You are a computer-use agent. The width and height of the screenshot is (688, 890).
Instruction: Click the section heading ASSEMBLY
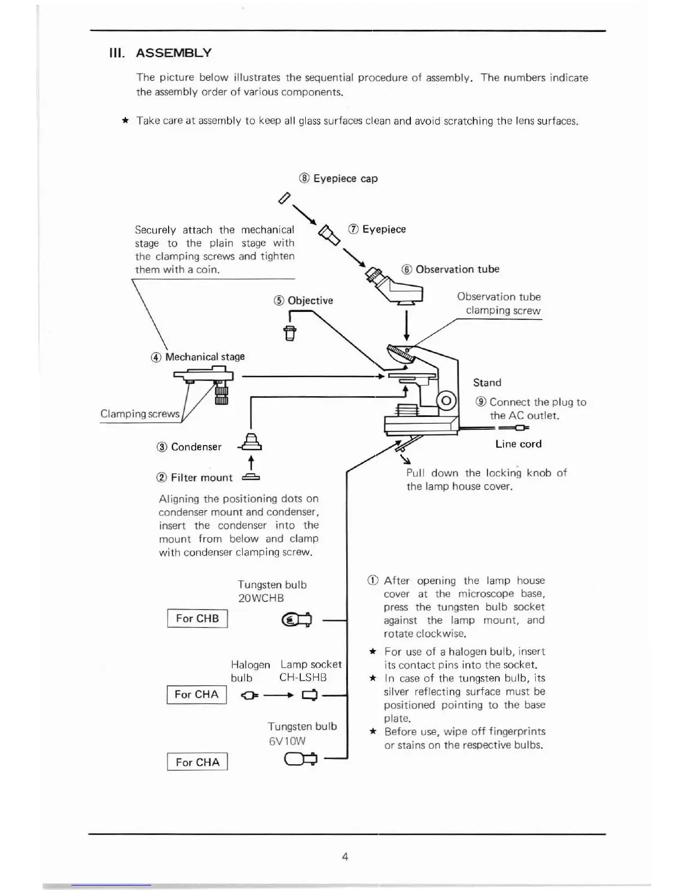coord(174,53)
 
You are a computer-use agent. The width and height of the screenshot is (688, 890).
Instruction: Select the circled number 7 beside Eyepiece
coord(354,229)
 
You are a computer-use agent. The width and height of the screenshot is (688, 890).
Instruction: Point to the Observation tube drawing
coord(398,287)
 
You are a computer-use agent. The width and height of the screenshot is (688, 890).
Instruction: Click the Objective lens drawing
coord(289,333)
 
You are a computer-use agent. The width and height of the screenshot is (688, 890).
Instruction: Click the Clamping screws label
coord(139,414)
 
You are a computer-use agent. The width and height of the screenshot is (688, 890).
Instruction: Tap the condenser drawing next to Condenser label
coord(251,444)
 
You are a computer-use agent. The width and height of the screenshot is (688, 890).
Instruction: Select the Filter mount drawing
coord(251,478)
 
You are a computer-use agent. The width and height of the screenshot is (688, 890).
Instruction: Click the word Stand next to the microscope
coord(487,383)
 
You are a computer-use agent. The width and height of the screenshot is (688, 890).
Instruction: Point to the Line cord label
coord(518,444)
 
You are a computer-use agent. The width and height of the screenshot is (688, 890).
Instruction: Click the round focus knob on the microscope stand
coord(447,401)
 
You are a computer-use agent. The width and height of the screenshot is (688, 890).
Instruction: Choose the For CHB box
coord(197,619)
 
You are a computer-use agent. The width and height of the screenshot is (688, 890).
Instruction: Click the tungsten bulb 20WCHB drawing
coord(296,620)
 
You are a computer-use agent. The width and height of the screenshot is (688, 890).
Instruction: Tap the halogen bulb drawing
coord(249,696)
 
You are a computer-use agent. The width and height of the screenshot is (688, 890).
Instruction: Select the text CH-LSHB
coord(303,678)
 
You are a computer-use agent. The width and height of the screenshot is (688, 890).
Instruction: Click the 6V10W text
coord(287,741)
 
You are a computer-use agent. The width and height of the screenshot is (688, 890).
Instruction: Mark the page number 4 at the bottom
coord(345,856)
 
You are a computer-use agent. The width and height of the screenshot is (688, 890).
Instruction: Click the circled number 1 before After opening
coord(372,580)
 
